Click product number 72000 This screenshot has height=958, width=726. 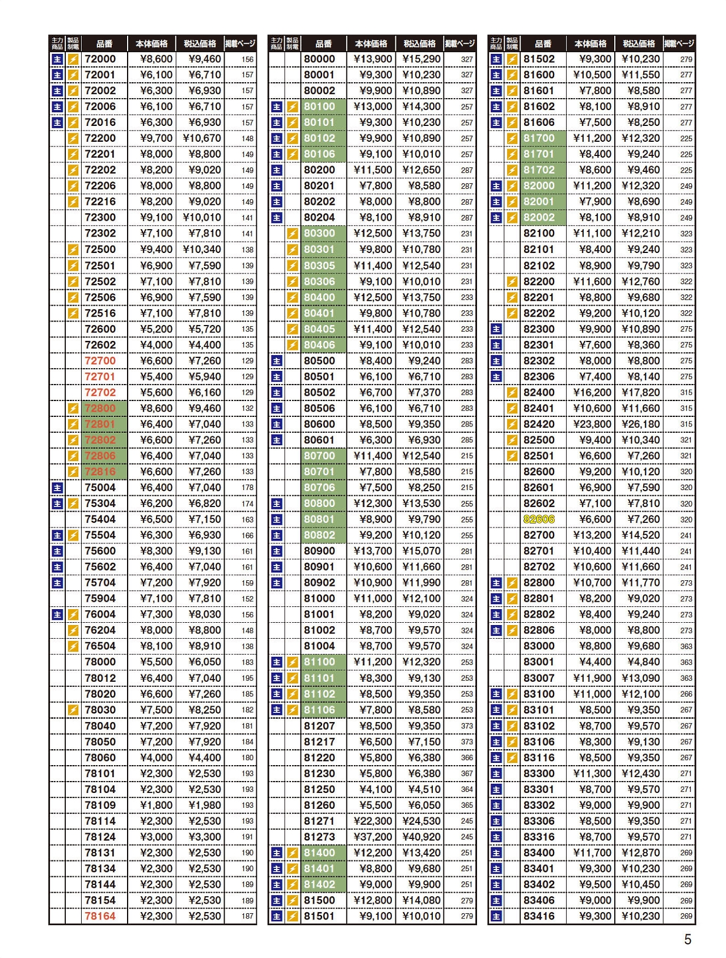click(x=100, y=59)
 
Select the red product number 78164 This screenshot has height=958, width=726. click(x=100, y=916)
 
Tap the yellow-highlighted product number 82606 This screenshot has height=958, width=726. click(x=539, y=519)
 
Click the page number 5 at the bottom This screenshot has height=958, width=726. click(x=687, y=940)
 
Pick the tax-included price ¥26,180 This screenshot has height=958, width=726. click(x=640, y=424)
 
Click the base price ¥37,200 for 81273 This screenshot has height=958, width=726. click(x=372, y=837)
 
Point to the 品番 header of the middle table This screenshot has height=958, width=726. click(x=323, y=44)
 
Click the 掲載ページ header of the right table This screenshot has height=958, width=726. click(x=679, y=44)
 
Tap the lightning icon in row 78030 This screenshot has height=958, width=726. click(x=73, y=710)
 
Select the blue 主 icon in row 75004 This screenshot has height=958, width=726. click(x=57, y=487)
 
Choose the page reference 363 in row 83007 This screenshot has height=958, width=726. click(x=686, y=678)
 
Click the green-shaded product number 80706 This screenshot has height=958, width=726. click(x=319, y=487)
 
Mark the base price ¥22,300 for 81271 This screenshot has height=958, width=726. click(x=372, y=821)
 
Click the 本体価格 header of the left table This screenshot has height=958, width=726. click(x=151, y=44)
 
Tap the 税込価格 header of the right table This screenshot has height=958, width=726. click(x=639, y=44)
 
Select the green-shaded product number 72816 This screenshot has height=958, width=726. click(x=100, y=471)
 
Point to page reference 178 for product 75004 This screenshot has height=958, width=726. click(x=248, y=487)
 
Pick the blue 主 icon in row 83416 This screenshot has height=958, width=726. click(x=496, y=916)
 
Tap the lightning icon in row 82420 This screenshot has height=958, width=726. click(x=512, y=424)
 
